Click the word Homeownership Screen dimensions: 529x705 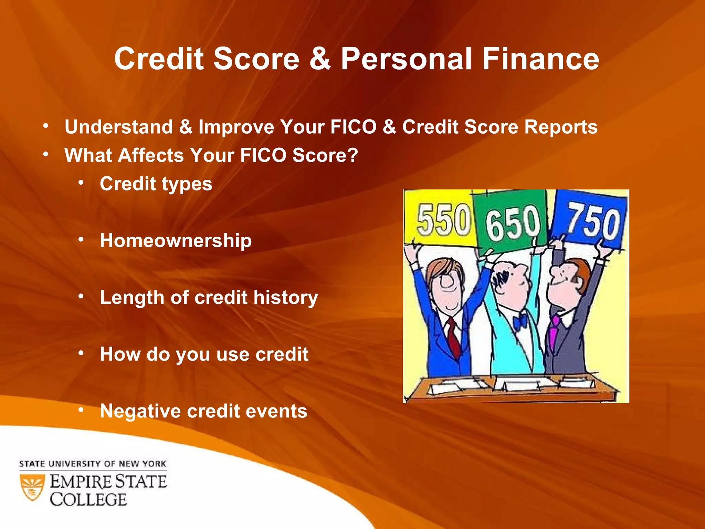point(176,240)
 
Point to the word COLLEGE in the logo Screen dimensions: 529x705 point(88,500)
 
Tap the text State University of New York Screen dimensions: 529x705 point(93,464)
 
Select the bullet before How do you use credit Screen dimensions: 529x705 point(81,353)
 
